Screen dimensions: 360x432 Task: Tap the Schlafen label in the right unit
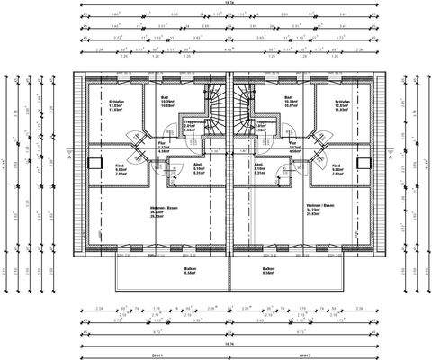(x=340, y=102)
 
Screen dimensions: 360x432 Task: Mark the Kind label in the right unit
(x=335, y=166)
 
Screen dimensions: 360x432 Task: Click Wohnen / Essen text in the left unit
(x=164, y=207)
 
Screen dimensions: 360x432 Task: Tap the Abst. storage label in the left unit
(x=198, y=166)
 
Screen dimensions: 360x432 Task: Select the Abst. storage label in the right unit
(x=258, y=166)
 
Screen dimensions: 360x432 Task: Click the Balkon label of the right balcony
(x=268, y=268)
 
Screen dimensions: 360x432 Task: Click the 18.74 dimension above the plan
(x=230, y=4)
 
